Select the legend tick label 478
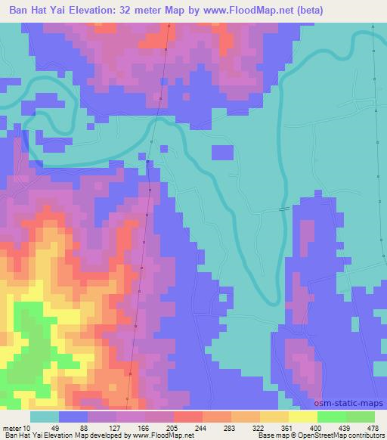(373, 428)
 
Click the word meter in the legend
(11, 428)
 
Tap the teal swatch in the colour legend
(45, 417)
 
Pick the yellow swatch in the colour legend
(302, 417)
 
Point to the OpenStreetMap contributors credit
(347, 435)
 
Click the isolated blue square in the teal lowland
(222, 152)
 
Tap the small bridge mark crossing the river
(283, 209)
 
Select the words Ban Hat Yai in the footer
(22, 435)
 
